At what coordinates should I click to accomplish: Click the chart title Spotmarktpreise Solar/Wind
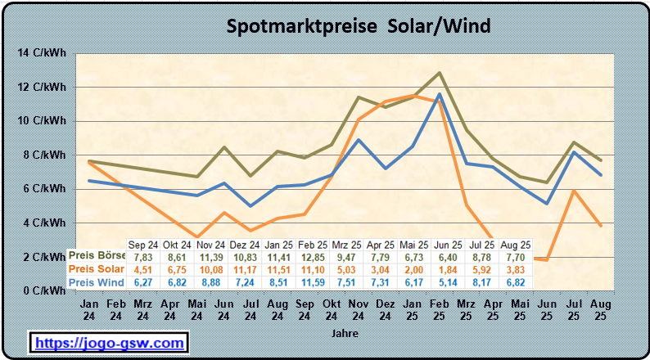pyautogui.click(x=358, y=26)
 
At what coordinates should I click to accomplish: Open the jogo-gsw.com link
pyautogui.click(x=109, y=342)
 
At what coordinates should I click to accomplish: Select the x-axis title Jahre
pyautogui.click(x=345, y=334)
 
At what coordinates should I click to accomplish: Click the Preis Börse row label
pyautogui.click(x=97, y=256)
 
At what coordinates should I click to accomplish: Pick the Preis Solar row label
pyautogui.click(x=97, y=269)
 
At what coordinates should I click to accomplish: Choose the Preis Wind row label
pyautogui.click(x=97, y=282)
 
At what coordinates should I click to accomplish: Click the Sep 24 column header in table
pyautogui.click(x=143, y=244)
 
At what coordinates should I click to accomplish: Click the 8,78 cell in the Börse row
pyautogui.click(x=483, y=256)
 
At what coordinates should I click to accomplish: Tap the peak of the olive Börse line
pyautogui.click(x=440, y=73)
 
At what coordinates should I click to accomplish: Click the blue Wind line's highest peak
pyautogui.click(x=440, y=94)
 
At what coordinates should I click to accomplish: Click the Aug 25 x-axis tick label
pyautogui.click(x=600, y=309)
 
